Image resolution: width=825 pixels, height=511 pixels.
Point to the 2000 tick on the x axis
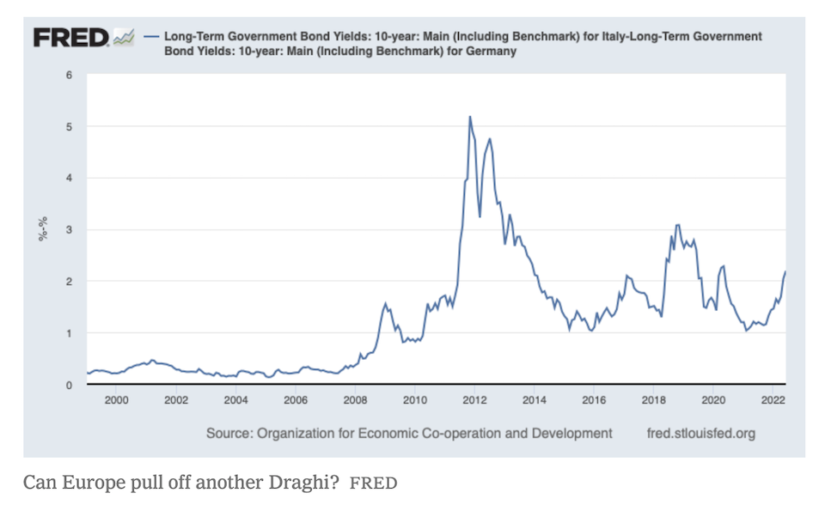coord(117,400)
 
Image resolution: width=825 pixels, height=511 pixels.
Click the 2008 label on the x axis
coord(355,400)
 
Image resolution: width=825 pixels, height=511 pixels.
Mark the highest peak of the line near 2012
coord(469,117)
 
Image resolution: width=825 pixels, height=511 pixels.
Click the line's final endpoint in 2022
coord(785,271)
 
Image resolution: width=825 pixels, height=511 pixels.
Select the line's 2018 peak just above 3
coord(678,225)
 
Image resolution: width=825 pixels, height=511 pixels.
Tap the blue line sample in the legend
coord(153,37)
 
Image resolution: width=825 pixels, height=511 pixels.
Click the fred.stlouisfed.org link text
coord(700,433)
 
